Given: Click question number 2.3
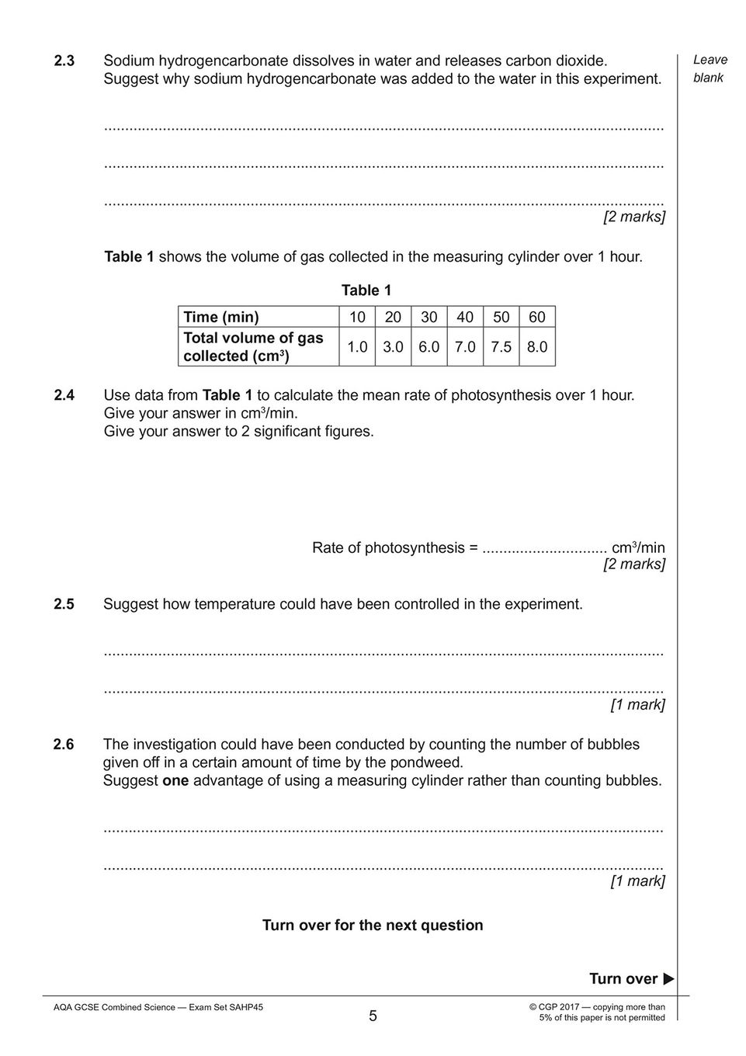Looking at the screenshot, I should pyautogui.click(x=64, y=61).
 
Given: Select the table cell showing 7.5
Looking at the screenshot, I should pyautogui.click(x=501, y=347).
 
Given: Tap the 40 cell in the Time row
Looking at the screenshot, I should pyautogui.click(x=465, y=317).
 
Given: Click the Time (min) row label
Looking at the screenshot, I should pyautogui.click(x=221, y=317).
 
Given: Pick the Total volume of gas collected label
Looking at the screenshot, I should pyautogui.click(x=253, y=347).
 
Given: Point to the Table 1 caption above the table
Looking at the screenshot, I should pyautogui.click(x=366, y=290).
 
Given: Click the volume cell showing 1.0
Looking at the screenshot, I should pyautogui.click(x=357, y=347).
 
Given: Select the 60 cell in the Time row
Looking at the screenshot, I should pyautogui.click(x=537, y=317).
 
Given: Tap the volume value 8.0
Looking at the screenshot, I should pyautogui.click(x=537, y=347).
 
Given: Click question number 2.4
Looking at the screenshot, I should pyautogui.click(x=64, y=395).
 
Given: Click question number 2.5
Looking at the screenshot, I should pyautogui.click(x=64, y=604).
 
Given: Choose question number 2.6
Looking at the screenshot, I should pyautogui.click(x=64, y=745).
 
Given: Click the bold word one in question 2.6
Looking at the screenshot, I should pyautogui.click(x=175, y=781).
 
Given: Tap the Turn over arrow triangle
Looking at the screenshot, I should pyautogui.click(x=668, y=979).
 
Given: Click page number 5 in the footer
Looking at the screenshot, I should pyautogui.click(x=373, y=1016).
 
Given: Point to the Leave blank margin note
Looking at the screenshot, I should pyautogui.click(x=710, y=69).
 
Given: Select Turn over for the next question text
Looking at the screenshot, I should pyautogui.click(x=373, y=926).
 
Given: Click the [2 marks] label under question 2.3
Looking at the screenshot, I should pyautogui.click(x=634, y=217).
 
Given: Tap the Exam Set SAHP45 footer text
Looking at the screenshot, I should pyautogui.click(x=158, y=1008).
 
